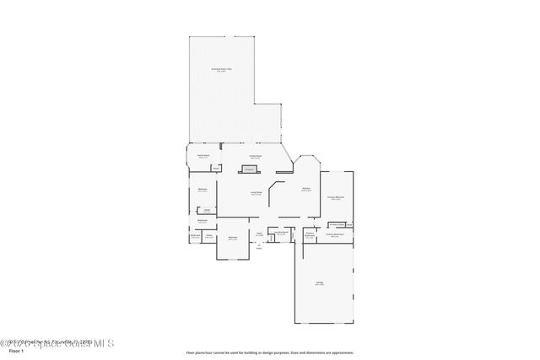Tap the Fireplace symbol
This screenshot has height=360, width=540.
click(250, 169)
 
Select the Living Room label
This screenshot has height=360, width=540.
click(256, 193)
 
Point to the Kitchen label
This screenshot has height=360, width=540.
click(306, 189)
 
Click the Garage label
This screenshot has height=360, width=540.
click(320, 284)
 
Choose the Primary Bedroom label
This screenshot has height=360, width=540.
click(335, 197)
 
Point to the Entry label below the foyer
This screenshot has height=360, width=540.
click(259, 247)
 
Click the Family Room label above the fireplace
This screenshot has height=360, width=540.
click(253, 156)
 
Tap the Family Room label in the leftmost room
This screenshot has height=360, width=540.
click(203, 156)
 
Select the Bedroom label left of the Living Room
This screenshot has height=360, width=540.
click(202, 190)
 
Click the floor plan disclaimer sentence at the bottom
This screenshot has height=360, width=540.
click(269, 352)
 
